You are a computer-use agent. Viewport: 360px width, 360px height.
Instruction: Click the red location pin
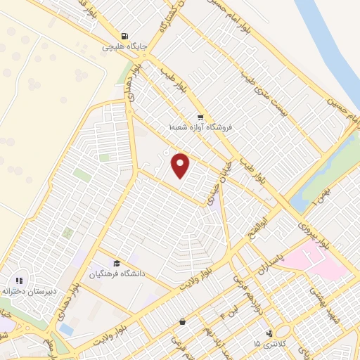tap(181, 166)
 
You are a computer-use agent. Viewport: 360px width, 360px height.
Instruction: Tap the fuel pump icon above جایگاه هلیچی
tap(125, 36)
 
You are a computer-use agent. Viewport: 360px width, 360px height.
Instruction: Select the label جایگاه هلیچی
tap(126, 47)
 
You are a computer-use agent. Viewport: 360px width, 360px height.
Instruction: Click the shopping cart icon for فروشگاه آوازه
tap(201, 117)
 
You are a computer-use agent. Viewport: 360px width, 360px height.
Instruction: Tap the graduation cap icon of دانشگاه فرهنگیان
tap(115, 262)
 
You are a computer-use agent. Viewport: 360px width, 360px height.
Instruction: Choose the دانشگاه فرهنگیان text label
tap(117, 272)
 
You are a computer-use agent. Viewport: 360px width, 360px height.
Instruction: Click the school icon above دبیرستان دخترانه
tap(19, 280)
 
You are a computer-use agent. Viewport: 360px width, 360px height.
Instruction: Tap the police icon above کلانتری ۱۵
tap(269, 333)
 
